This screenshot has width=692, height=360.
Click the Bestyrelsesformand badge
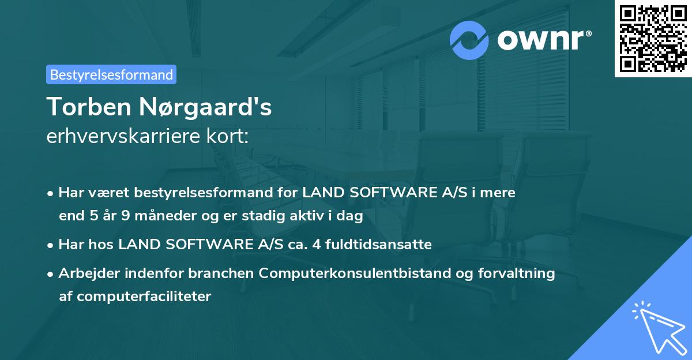tap(111, 74)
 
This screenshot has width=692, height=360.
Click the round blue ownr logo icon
tap(469, 40)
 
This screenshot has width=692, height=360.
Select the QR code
tap(653, 39)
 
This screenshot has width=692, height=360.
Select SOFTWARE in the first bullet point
tap(383, 193)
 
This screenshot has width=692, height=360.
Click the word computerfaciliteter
tap(135, 297)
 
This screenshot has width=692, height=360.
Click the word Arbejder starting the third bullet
tap(85, 273)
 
